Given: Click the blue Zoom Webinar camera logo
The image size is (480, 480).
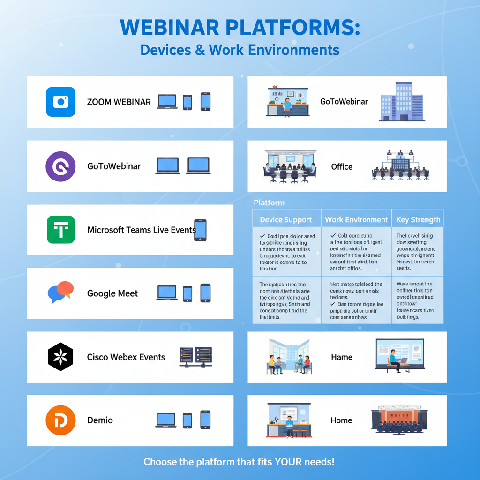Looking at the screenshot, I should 60,102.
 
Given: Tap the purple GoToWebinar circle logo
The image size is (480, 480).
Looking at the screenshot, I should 60,166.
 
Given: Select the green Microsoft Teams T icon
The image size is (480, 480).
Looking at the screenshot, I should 60,230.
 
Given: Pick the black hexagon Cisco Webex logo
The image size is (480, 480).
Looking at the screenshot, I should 60,357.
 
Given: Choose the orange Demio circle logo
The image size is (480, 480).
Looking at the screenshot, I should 60,420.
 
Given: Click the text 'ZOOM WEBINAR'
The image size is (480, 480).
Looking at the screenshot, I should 119,102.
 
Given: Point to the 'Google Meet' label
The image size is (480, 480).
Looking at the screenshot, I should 112,294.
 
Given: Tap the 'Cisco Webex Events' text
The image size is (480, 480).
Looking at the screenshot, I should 126,357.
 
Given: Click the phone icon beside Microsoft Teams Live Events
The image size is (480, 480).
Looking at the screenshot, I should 200,230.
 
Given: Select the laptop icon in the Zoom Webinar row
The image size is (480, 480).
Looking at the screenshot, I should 167,102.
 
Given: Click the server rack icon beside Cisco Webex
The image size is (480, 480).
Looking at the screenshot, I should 196,357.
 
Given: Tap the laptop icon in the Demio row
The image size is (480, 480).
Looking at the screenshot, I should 165,420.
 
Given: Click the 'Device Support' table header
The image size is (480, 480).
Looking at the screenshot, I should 285,220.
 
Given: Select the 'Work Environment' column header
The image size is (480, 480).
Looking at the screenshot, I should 356,220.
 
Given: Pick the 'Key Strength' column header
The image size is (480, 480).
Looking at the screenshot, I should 418,220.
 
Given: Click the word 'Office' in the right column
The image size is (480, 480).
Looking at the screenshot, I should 342,167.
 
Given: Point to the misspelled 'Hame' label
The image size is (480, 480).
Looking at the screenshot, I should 342,357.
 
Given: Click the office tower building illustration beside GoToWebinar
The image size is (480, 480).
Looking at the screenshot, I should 402,102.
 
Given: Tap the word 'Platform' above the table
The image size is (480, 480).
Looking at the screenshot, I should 269,203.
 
